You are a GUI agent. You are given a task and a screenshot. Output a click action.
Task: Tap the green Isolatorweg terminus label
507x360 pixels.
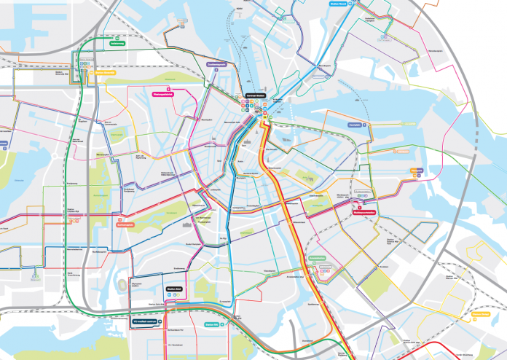[x=117, y=43]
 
